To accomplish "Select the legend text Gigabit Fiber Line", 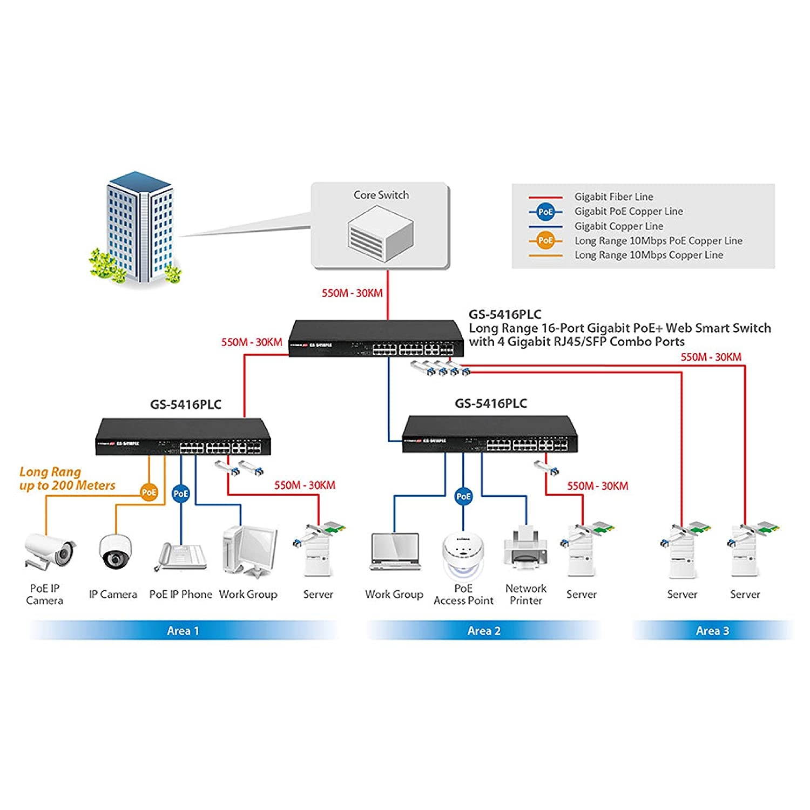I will (613, 197).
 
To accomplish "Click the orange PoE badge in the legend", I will (546, 241).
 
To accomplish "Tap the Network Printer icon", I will (525, 549).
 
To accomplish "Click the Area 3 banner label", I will (712, 631).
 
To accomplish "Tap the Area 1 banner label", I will (183, 631).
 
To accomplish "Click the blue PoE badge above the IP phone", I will (181, 494).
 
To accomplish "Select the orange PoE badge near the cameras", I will (149, 492).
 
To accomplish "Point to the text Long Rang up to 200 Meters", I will (67, 479).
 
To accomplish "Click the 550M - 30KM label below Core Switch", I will (352, 293).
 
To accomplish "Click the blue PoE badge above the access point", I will (463, 496).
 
